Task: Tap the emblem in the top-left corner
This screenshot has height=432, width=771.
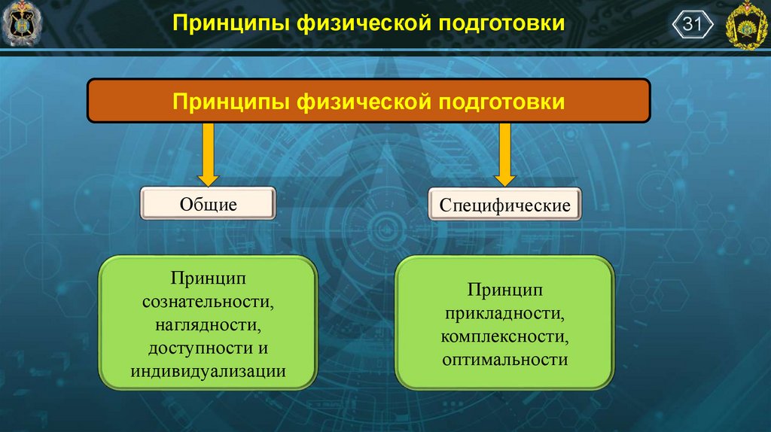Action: (22, 23)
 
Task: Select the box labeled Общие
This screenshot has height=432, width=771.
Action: (208, 204)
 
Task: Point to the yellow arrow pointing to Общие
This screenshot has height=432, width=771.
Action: (208, 154)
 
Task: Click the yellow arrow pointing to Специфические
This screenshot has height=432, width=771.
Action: (504, 154)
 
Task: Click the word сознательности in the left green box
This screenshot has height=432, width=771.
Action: (207, 302)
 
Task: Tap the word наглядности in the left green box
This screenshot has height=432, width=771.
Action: (207, 325)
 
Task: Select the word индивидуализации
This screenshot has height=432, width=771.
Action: (208, 372)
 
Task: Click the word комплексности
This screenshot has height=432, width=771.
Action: (504, 336)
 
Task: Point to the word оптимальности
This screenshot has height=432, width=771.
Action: (504, 360)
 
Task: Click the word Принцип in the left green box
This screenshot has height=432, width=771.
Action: (208, 278)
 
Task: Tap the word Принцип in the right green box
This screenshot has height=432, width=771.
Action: (504, 290)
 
